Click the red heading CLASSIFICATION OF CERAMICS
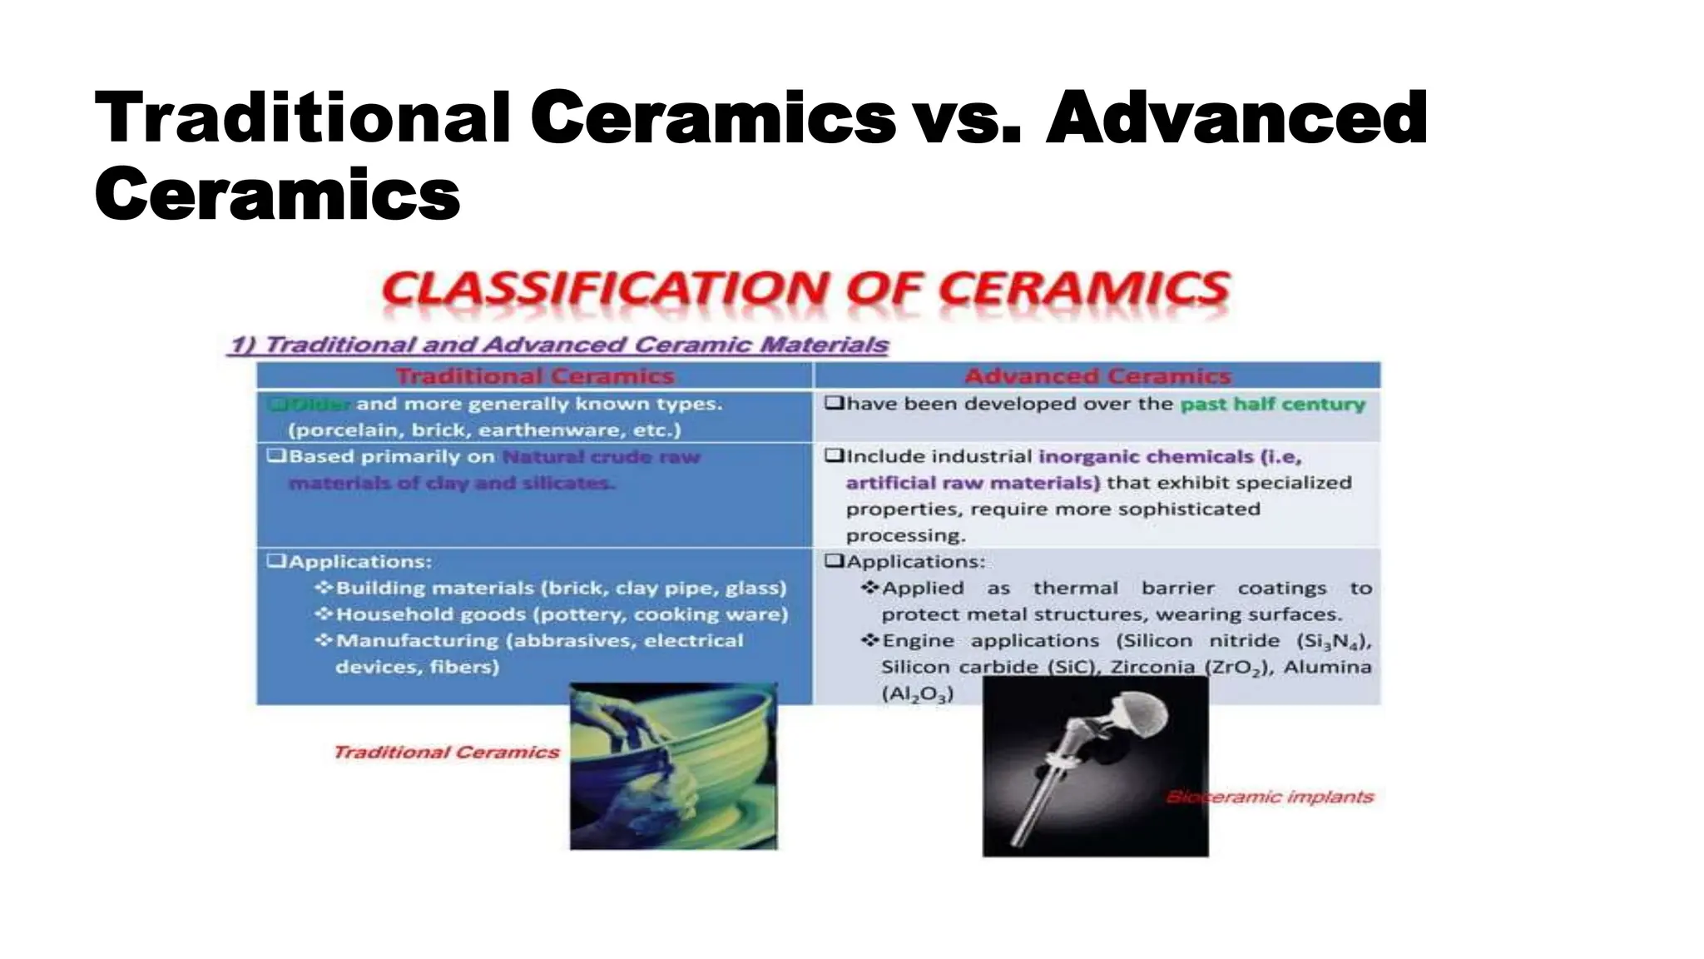coord(805,290)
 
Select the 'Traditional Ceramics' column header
coord(534,376)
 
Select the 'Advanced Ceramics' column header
coord(1097,376)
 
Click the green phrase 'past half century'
coord(1273,404)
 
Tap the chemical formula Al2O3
coord(917,693)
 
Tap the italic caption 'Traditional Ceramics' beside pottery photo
coord(446,753)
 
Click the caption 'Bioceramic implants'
coord(1269,797)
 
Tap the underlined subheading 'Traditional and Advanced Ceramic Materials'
coord(575,345)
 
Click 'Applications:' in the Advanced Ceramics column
coord(915,562)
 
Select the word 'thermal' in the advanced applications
coord(1076,589)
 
